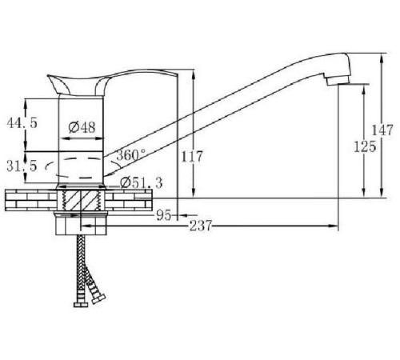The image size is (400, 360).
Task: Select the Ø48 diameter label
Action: pos(82,127)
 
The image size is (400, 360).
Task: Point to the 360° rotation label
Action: pos(130,154)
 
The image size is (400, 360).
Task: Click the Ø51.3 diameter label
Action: pos(142,183)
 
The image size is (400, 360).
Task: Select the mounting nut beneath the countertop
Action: pos(82,226)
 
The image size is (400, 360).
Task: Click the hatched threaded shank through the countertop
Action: pos(82,201)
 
